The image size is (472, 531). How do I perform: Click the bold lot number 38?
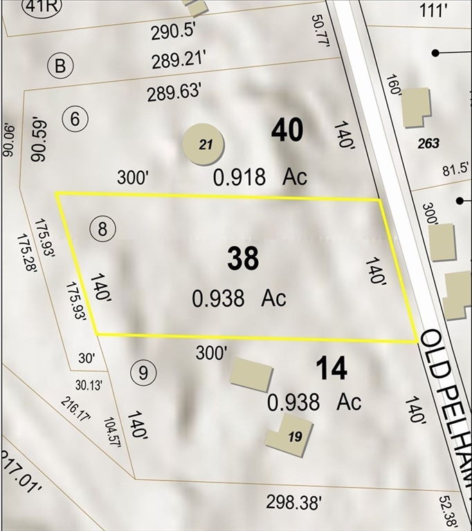(x=243, y=258)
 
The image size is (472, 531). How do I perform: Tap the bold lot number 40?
(x=287, y=130)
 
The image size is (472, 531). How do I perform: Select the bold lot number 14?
(x=331, y=369)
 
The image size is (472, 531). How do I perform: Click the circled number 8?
(x=102, y=229)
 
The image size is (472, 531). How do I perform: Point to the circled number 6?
(x=75, y=119)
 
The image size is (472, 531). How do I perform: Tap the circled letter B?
(x=60, y=66)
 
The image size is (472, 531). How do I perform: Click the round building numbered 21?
(x=203, y=144)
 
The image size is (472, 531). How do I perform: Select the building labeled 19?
(x=289, y=435)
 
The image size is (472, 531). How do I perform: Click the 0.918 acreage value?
(x=239, y=178)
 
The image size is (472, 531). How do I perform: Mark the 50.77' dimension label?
(x=319, y=29)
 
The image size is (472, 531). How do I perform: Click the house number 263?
(x=428, y=143)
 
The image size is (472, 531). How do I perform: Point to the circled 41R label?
(x=41, y=7)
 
